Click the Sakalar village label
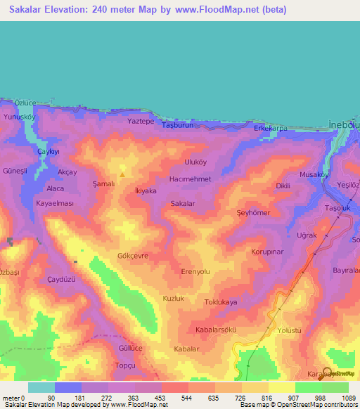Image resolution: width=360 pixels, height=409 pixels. [182, 204]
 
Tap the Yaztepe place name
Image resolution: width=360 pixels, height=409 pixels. [140, 122]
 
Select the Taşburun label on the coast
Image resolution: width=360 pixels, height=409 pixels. [177, 125]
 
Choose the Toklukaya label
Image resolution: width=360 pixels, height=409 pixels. [220, 302]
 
